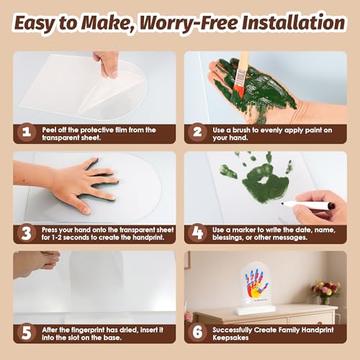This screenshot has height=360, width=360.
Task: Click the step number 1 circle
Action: pos(27,132)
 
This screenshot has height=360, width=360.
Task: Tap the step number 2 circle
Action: pos(197,132)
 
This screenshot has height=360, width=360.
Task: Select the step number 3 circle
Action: pos(27,233)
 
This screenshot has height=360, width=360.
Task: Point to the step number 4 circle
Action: pos(197,233)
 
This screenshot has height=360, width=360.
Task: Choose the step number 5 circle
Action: pos(27,333)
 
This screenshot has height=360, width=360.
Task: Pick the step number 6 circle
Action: pos(197,333)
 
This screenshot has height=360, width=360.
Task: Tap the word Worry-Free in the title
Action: pos(189,24)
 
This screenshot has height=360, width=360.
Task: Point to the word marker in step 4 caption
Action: pos(244,230)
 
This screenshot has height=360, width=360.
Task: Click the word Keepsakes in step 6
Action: pos(230,338)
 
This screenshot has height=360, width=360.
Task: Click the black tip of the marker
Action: pos(283,204)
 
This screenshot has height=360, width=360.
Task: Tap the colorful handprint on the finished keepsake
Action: pos(256,284)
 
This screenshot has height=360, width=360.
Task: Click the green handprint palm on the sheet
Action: pos(265,182)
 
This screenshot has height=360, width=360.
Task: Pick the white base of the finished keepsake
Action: pos(255,310)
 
